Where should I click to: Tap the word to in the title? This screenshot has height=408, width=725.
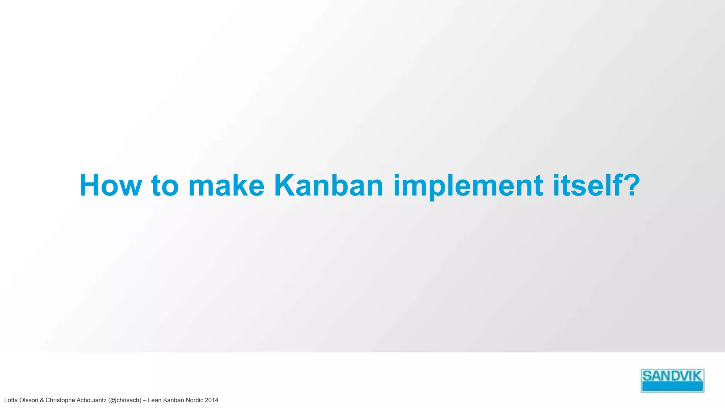click(165, 186)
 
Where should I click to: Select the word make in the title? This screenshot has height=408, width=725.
click(226, 186)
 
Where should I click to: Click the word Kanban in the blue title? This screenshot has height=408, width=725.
click(329, 186)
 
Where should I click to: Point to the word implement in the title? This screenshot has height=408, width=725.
click(468, 186)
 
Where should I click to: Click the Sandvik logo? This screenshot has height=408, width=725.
click(672, 380)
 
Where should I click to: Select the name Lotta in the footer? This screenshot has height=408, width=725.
click(11, 400)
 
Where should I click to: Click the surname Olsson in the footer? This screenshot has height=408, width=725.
click(29, 400)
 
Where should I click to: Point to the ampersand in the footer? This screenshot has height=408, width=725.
click(42, 400)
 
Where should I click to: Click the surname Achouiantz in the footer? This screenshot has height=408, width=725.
click(91, 400)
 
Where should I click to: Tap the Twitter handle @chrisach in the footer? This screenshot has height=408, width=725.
click(125, 400)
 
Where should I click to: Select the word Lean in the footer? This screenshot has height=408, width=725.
click(154, 400)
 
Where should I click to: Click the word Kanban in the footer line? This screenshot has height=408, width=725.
click(173, 400)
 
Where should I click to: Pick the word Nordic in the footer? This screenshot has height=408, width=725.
click(194, 400)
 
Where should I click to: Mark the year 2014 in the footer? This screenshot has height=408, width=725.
click(212, 400)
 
